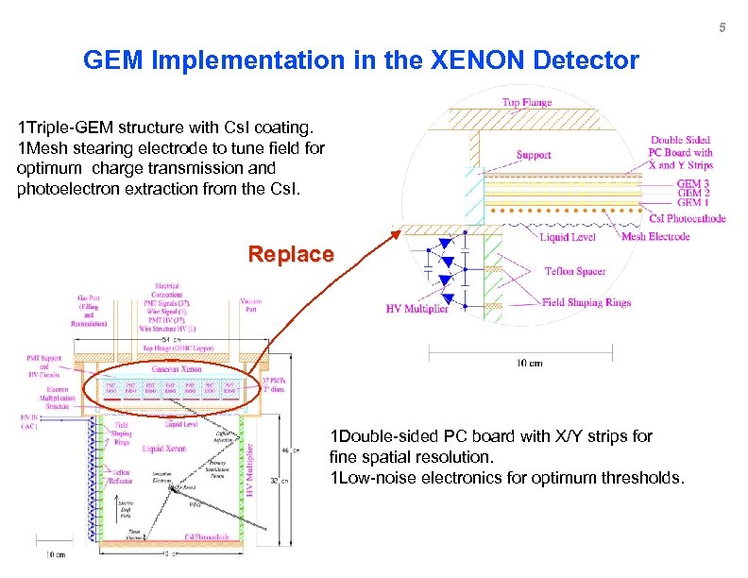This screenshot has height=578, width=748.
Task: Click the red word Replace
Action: click(x=290, y=254)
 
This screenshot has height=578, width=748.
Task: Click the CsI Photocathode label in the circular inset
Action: click(x=686, y=218)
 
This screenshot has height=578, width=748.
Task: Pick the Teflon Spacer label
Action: click(x=575, y=272)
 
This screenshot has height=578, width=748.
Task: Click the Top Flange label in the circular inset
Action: click(x=528, y=103)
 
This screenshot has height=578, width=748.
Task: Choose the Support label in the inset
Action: click(x=535, y=155)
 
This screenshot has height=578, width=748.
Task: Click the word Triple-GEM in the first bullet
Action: click(x=64, y=127)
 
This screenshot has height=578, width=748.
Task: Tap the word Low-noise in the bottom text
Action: click(x=370, y=478)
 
